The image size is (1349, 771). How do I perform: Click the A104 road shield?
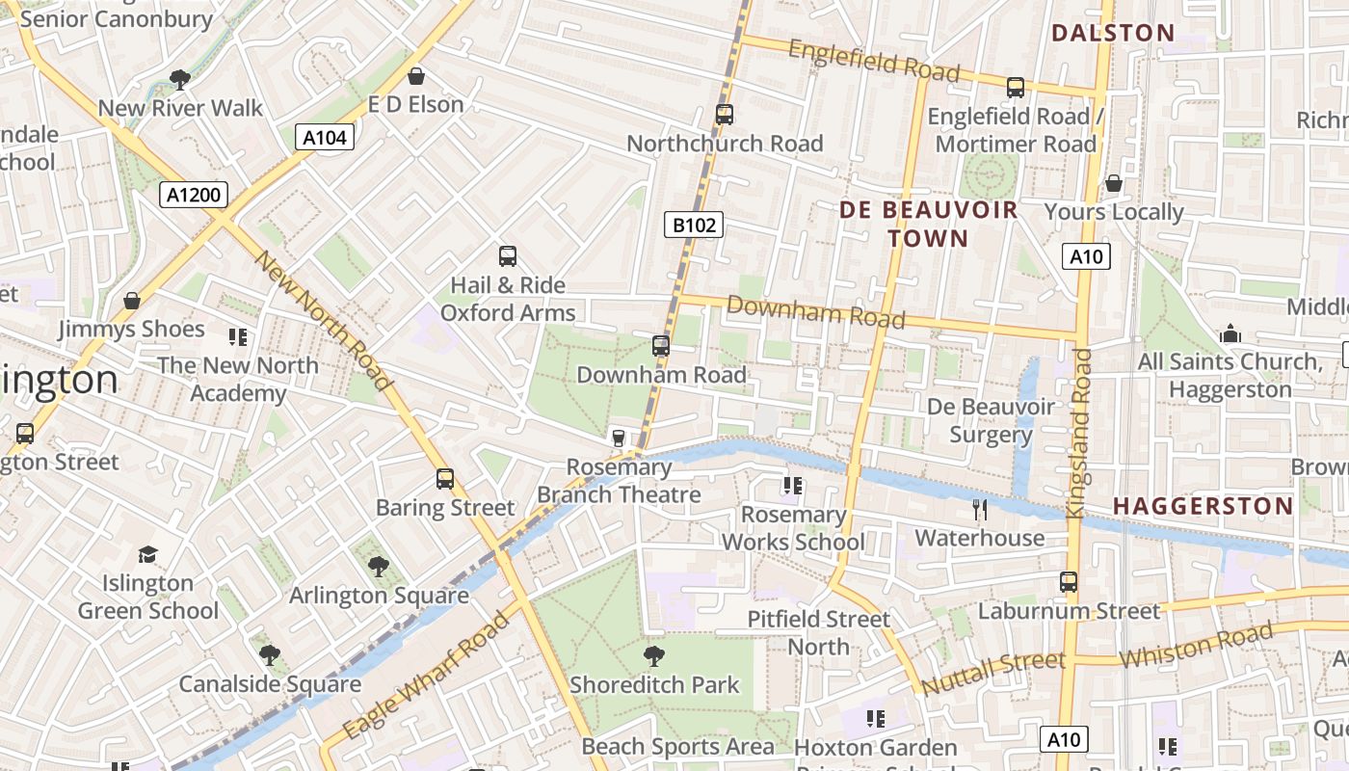pyautogui.click(x=325, y=138)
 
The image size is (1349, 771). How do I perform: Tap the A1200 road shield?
pyautogui.click(x=194, y=196)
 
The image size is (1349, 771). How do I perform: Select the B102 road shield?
pyautogui.click(x=694, y=226)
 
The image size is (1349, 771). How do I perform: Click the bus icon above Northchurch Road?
pyautogui.click(x=725, y=115)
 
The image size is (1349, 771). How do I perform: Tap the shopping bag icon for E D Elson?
pyautogui.click(x=416, y=75)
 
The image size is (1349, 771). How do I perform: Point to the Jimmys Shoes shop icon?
pyautogui.click(x=132, y=301)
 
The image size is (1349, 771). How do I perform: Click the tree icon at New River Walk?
pyautogui.click(x=179, y=79)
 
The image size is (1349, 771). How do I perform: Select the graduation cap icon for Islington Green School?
pyautogui.click(x=147, y=554)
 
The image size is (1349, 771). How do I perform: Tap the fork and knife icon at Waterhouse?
pyautogui.click(x=980, y=509)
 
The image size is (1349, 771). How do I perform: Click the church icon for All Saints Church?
pyautogui.click(x=1230, y=333)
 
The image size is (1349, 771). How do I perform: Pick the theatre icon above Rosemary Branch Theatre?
pyautogui.click(x=619, y=439)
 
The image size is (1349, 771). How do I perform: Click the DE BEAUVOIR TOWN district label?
pyautogui.click(x=928, y=224)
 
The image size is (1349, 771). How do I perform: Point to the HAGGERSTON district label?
pyautogui.click(x=1203, y=506)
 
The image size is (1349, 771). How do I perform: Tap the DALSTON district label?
pyautogui.click(x=1113, y=33)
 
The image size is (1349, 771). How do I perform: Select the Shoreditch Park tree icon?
pyautogui.click(x=654, y=656)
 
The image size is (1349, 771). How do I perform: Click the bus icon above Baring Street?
pyautogui.click(x=444, y=479)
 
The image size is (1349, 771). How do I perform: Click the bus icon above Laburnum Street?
pyautogui.click(x=1068, y=582)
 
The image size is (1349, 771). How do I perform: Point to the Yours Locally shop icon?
pyautogui.click(x=1114, y=183)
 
